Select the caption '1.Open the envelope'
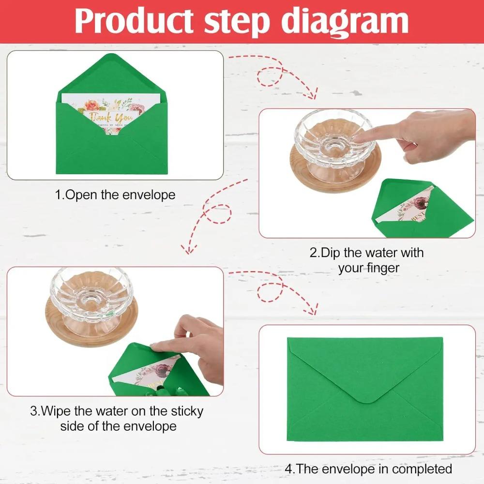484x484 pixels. point(115,195)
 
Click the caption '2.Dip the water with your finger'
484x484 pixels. point(366,260)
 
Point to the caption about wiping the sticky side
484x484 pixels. point(117,419)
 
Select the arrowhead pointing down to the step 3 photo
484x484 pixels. point(188,249)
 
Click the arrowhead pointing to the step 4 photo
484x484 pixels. point(312,310)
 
